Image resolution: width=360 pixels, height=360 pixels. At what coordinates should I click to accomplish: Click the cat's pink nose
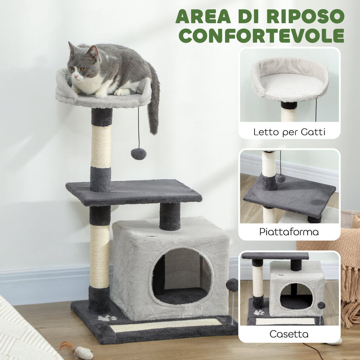point(75,76)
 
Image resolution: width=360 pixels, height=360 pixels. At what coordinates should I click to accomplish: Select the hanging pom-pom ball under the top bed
point(139,154)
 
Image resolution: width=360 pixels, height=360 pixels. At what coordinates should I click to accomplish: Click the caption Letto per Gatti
point(289,132)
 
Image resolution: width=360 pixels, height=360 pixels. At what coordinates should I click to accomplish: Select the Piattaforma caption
point(289,232)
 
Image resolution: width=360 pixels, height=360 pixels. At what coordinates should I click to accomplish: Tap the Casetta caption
point(289,334)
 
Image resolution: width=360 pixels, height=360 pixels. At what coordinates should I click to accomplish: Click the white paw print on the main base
point(107,318)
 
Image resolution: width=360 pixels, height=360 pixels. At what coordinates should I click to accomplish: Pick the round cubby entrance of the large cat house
point(182,276)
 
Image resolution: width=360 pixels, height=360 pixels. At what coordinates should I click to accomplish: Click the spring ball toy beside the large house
point(232,285)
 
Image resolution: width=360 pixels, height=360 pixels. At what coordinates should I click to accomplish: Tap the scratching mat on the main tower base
point(165,326)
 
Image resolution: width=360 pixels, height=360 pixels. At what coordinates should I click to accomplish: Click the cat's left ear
point(94,53)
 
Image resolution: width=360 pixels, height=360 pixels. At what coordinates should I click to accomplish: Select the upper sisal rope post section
point(101,146)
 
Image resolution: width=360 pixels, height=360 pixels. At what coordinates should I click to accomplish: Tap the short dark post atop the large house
point(170,216)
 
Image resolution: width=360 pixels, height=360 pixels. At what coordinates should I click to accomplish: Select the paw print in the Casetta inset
point(259,312)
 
